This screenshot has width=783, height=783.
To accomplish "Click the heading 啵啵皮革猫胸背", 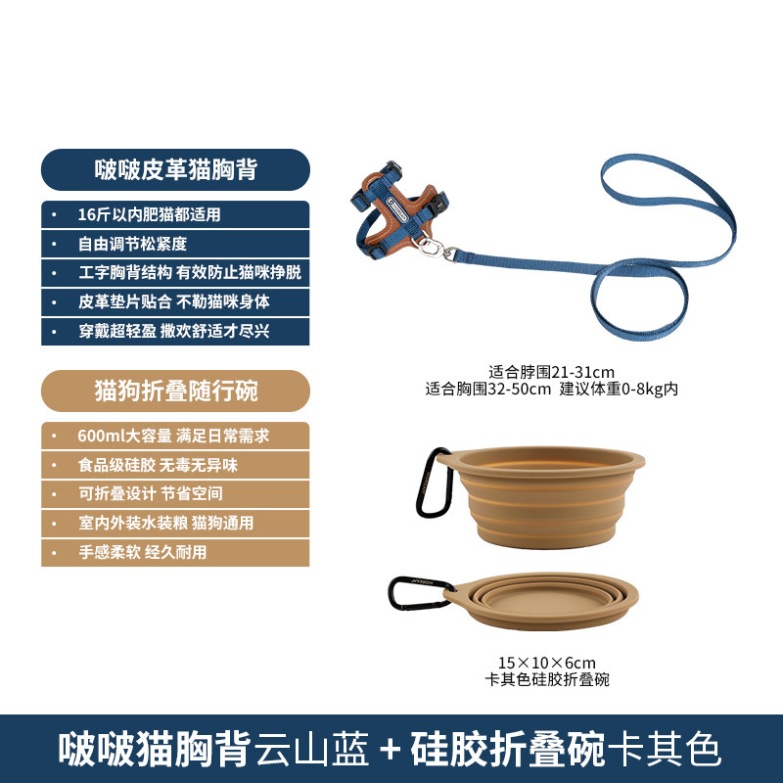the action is point(176,169).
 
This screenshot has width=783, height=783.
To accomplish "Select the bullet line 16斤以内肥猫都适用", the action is point(149,214).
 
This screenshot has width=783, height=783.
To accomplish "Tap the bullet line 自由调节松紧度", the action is point(132,244).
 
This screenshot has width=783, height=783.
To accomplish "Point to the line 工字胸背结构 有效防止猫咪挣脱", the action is point(190,273).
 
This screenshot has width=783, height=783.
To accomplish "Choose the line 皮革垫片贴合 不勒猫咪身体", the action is point(174,301).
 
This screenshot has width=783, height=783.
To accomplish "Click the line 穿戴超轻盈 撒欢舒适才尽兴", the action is point(174,331).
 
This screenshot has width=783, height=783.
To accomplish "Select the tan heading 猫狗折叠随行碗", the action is point(176,391).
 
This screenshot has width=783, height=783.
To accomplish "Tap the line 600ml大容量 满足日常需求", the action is point(173,436).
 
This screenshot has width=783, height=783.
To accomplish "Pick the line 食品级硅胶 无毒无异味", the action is point(158,465).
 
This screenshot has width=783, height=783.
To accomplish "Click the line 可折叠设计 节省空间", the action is point(151,494).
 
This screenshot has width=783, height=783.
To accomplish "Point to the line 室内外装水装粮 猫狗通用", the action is point(165,524).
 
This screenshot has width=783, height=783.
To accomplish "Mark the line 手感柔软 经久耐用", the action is point(142,552).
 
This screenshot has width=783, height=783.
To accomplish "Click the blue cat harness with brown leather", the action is point(399,209).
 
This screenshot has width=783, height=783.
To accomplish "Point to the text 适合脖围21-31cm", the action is point(551,372).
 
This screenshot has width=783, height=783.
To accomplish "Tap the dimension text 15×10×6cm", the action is point(547,663).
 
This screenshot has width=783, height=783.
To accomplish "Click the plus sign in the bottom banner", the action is point(390,750).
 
